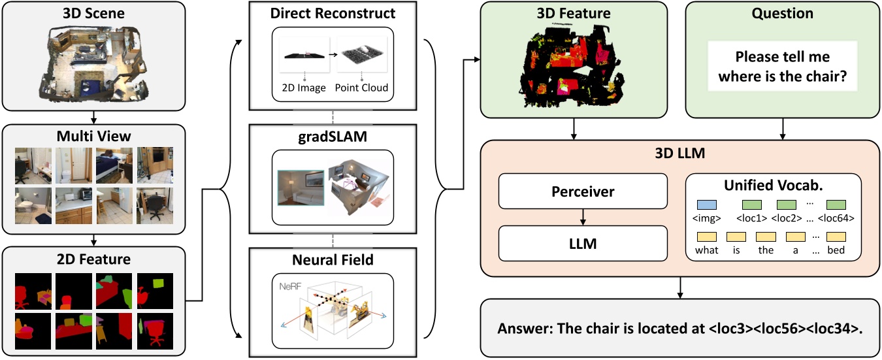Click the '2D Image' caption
pos(304,88)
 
